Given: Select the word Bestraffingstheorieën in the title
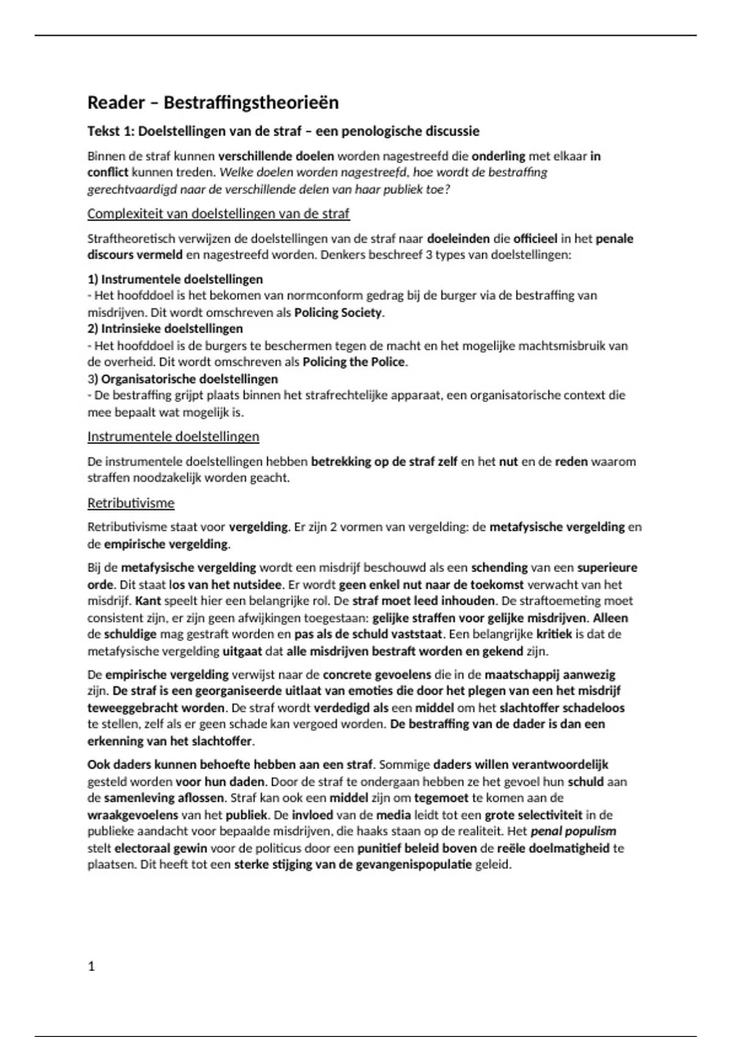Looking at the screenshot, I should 251,102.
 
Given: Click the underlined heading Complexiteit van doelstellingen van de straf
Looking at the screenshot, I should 218,213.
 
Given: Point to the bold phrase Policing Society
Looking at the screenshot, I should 339,313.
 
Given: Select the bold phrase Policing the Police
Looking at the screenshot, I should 354,362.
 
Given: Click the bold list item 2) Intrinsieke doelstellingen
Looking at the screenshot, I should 165,329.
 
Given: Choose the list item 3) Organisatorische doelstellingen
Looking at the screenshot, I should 182,379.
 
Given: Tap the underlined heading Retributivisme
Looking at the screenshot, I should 131,503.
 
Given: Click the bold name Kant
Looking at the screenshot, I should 148,600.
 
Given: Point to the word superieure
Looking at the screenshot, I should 607,567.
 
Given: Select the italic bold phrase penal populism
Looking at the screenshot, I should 573,831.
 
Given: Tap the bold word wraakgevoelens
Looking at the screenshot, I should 132,815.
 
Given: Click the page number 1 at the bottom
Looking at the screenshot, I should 91,966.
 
